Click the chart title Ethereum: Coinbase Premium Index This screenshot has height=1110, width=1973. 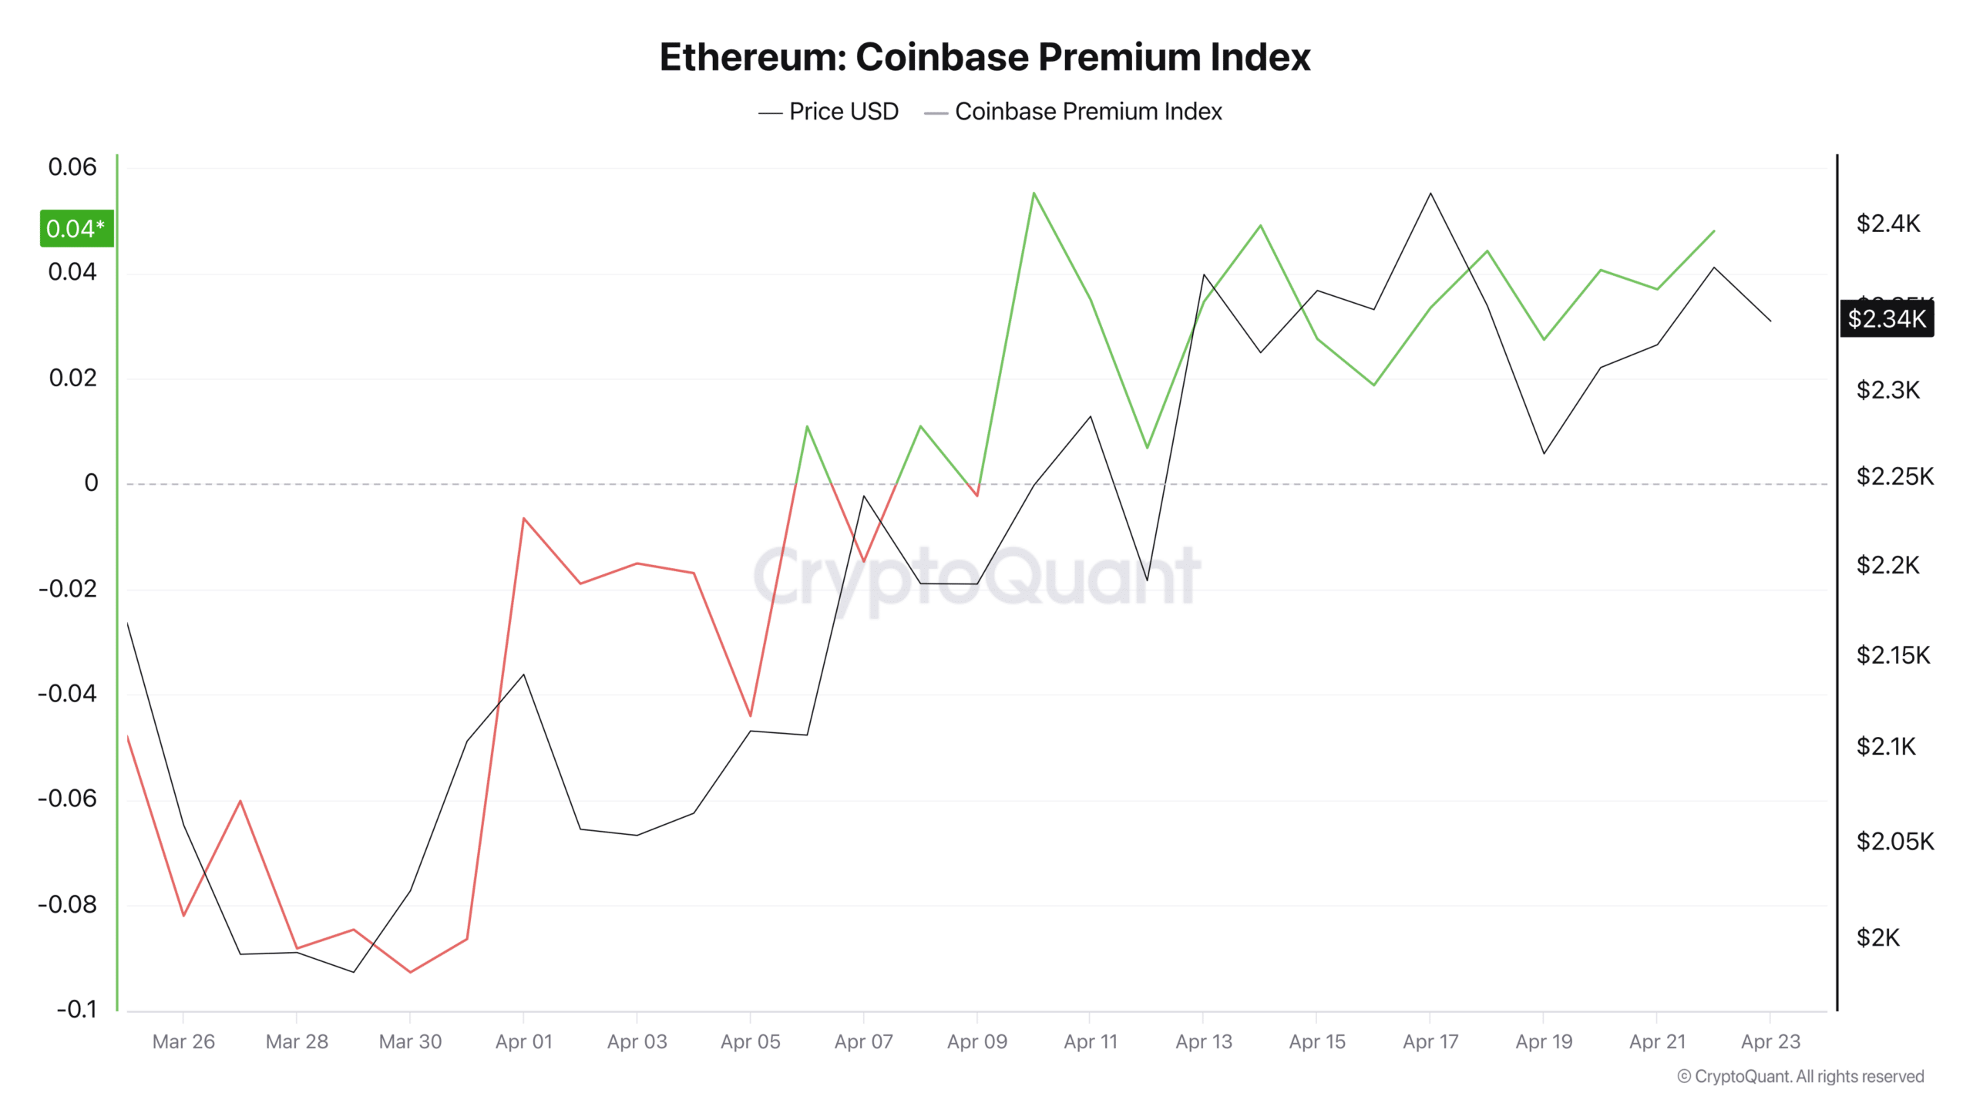pos(985,58)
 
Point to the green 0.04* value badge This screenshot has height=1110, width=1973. pos(76,229)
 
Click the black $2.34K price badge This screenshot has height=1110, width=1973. pos(1886,318)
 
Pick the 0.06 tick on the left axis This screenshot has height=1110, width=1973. pos(72,167)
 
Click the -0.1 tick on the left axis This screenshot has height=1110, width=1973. pos(77,1009)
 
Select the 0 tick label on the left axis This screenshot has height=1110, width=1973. pos(91,483)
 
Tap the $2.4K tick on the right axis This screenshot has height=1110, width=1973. pos(1887,224)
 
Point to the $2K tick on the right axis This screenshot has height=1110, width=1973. pos(1877,938)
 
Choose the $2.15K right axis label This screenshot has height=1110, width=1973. pos(1893,655)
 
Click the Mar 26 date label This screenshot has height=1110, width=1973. pos(183,1042)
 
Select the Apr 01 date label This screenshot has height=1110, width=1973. pos(523,1042)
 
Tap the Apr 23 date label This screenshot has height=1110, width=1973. pos(1770,1042)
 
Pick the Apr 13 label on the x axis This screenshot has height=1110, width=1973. pos(1203,1042)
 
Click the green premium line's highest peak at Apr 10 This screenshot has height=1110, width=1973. pos(1034,193)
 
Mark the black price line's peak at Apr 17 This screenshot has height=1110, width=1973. pos(1430,193)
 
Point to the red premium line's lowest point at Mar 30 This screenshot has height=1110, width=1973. pos(410,972)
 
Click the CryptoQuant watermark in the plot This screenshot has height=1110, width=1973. pos(976,576)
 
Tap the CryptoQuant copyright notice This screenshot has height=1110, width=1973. pos(1800,1077)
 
